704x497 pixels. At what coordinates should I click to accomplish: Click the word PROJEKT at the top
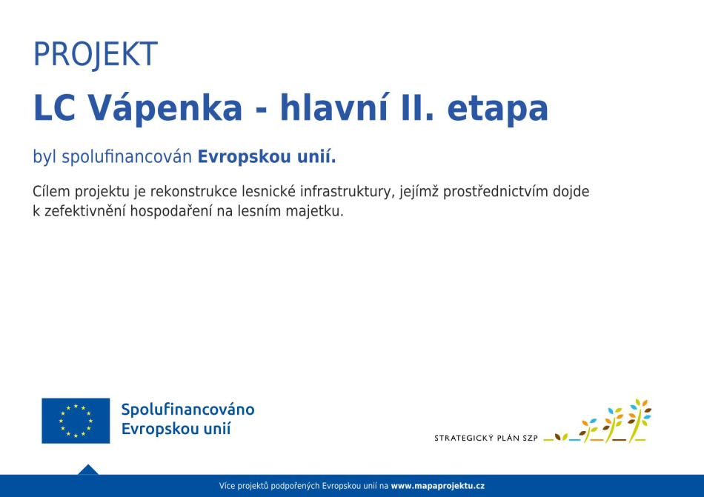point(96,54)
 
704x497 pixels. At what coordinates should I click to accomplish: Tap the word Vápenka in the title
point(165,107)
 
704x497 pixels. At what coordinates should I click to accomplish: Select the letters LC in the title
point(54,108)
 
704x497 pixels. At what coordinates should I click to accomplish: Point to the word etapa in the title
point(498,110)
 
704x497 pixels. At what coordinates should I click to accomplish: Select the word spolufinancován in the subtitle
point(127,158)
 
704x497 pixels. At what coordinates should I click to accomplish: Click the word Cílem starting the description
point(51,192)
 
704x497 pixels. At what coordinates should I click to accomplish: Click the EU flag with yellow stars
point(76,421)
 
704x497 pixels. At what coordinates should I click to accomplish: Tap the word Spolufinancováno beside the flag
point(187,410)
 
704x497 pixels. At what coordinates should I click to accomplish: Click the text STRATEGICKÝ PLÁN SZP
point(486,438)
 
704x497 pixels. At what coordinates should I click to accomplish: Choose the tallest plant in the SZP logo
point(640,420)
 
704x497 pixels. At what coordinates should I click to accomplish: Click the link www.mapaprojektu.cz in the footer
point(438,486)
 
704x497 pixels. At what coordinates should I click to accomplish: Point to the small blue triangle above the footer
point(88,470)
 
